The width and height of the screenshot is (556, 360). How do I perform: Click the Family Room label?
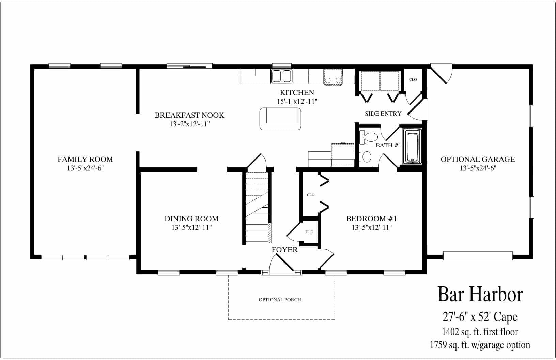(85, 159)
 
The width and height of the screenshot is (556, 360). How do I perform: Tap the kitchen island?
(280, 118)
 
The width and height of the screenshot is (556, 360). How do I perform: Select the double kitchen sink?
(282, 76)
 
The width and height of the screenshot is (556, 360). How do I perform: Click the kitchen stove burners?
(333, 80)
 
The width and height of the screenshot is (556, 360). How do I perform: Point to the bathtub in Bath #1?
(413, 146)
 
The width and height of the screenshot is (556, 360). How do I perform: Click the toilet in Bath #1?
(370, 137)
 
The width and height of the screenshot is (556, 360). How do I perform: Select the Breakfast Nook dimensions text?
(189, 124)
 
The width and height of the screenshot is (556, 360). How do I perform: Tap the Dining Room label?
(191, 219)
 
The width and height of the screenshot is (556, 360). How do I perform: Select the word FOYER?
(284, 250)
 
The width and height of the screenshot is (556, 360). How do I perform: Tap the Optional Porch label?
(280, 300)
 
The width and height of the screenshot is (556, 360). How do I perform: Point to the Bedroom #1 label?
(371, 219)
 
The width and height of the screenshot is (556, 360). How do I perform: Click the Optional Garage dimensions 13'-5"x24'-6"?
(478, 168)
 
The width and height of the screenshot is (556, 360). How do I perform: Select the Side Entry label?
(383, 114)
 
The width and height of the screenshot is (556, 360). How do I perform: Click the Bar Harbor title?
(480, 294)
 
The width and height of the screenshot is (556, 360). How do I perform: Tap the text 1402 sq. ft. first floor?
(480, 332)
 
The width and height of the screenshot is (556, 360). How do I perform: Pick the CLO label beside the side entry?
(413, 79)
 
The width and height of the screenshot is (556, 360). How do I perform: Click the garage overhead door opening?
(478, 255)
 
